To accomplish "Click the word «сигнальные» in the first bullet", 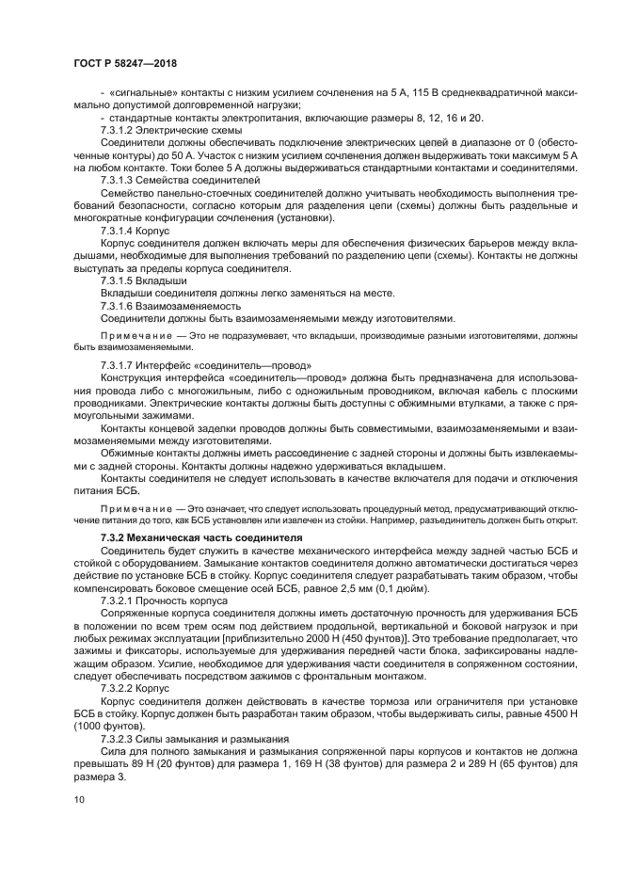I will tap(140, 93).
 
